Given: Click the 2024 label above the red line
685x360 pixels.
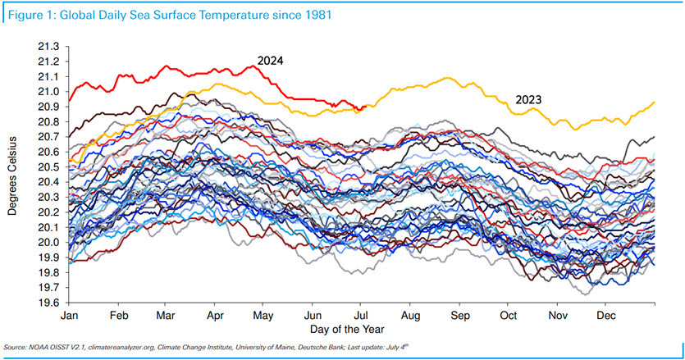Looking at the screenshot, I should pos(270,60).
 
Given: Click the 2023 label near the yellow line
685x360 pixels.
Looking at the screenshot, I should pos(530,100).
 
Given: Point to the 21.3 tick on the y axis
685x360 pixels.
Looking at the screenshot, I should pos(48,47).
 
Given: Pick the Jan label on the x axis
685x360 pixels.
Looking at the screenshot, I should pos(70,315).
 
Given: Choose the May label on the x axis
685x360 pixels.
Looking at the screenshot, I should pos(263,315).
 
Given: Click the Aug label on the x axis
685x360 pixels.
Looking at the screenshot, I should pos(411,315).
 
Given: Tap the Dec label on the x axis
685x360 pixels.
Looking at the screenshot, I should pos(607,315).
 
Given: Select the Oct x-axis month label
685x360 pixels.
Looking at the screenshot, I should pos(509,315).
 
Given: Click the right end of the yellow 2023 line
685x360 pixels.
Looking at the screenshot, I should pos(654,102).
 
